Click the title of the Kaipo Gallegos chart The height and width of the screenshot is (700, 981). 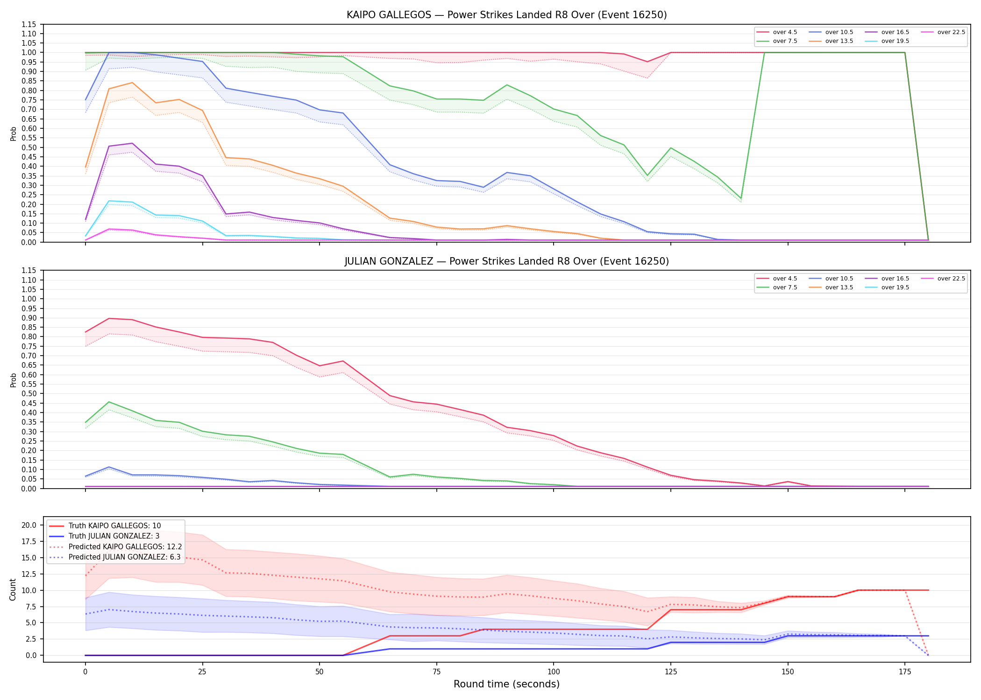[506, 15]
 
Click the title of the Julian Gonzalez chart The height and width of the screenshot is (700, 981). [506, 261]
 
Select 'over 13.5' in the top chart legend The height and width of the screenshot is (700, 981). [839, 41]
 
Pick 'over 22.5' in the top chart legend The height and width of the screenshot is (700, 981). [951, 32]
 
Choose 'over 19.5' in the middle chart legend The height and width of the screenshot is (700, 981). [895, 287]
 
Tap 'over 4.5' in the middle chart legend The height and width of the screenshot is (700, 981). [785, 279]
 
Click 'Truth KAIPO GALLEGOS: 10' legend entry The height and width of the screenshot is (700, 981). [114, 526]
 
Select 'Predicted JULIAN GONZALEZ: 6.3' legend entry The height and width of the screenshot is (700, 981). [124, 557]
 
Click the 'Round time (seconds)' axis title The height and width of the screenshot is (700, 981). [506, 684]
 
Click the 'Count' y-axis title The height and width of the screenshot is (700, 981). [13, 589]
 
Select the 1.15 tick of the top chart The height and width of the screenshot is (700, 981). [29, 24]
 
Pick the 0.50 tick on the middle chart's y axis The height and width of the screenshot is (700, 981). [29, 394]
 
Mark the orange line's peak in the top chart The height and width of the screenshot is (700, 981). [132, 83]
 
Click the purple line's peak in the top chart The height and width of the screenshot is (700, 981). [132, 143]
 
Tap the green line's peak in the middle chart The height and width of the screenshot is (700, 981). [109, 402]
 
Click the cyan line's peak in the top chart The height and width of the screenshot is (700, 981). [109, 201]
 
